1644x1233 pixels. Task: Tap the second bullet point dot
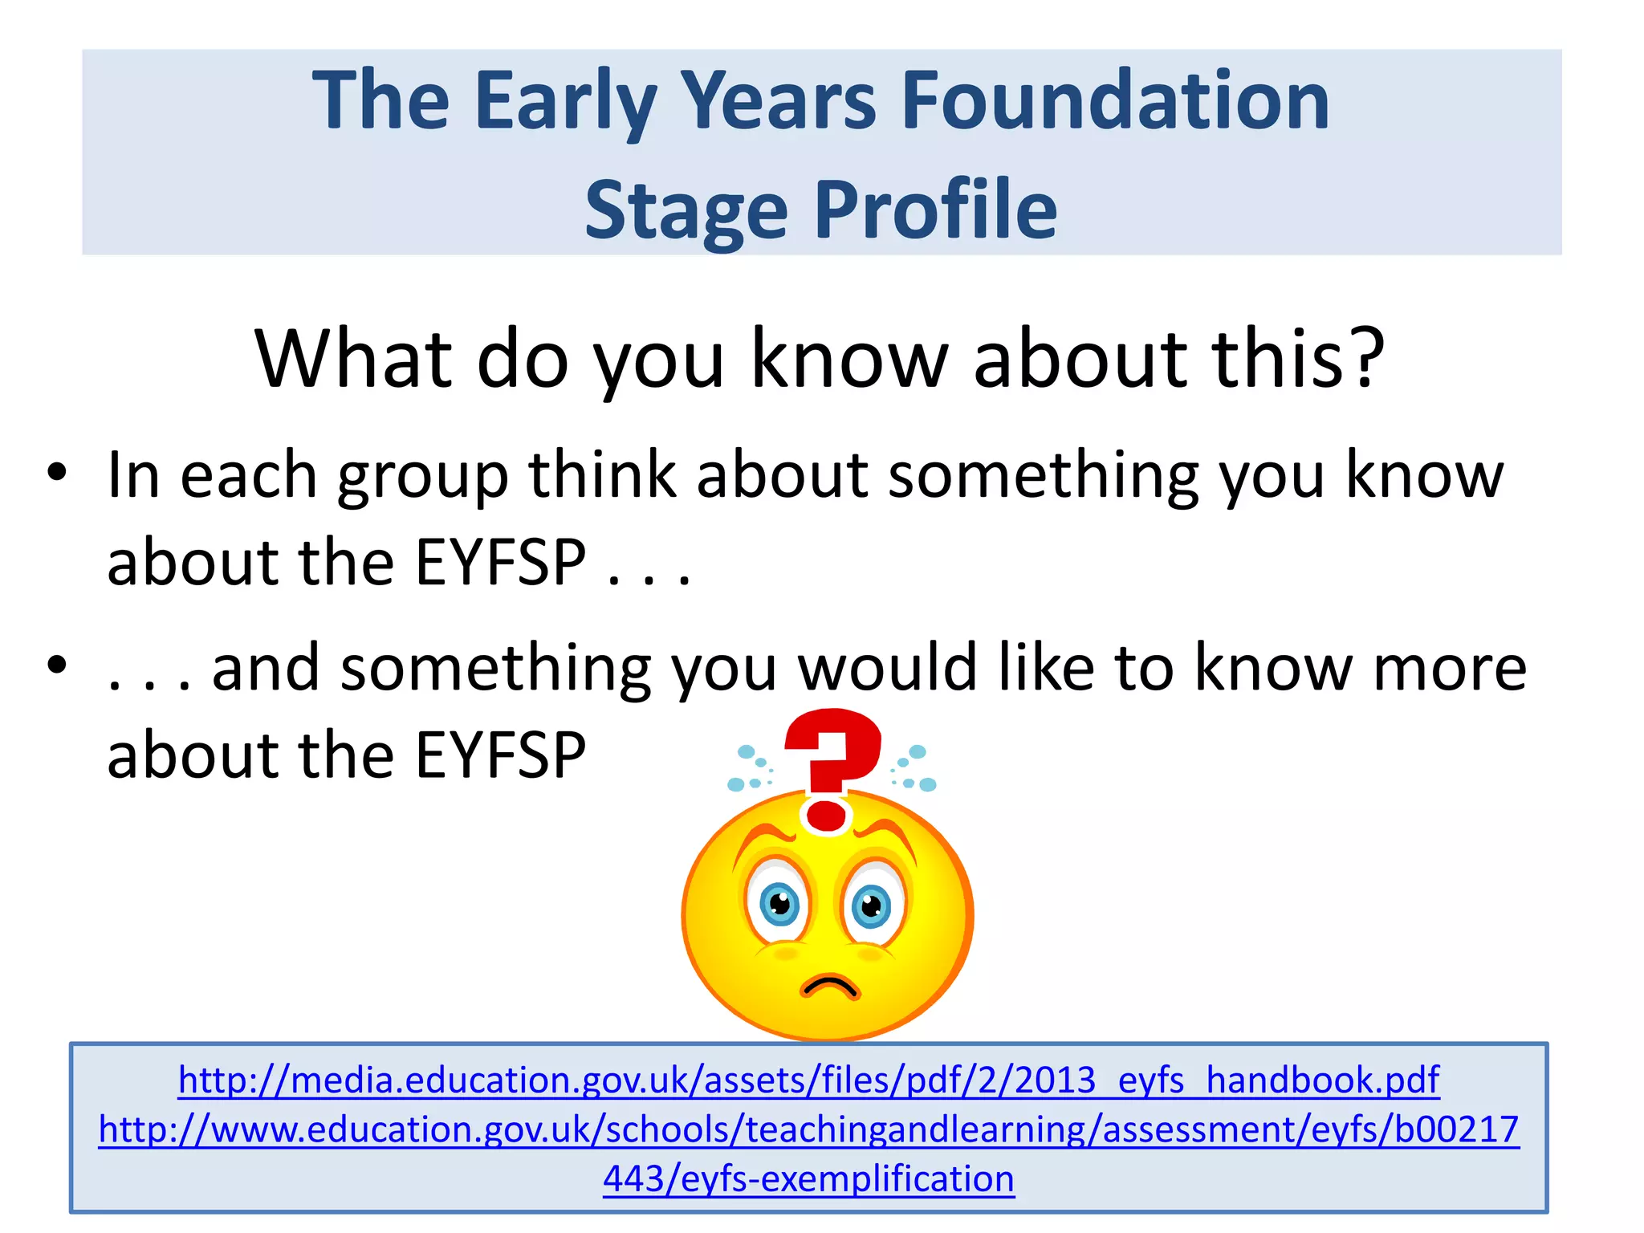click(57, 665)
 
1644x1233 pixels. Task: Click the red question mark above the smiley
click(831, 767)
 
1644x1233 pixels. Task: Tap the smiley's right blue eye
click(871, 907)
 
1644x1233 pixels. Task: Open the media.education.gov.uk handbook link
click(808, 1080)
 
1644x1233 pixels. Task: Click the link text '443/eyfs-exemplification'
click(808, 1179)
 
